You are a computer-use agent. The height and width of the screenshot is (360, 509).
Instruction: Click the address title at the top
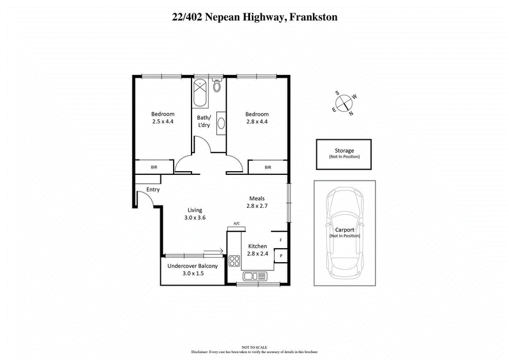[x=254, y=17]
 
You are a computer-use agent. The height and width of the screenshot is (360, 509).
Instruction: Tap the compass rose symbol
[x=344, y=102]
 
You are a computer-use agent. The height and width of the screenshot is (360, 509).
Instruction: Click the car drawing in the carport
[x=344, y=233]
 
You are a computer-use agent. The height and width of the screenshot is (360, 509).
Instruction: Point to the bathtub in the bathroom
[x=201, y=93]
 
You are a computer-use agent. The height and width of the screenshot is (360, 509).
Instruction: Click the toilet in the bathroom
[x=217, y=86]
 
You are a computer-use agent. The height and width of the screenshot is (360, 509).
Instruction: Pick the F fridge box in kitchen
[x=281, y=240]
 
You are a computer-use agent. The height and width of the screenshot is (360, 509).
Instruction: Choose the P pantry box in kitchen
[x=281, y=256]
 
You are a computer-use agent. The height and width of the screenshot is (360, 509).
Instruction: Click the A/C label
[x=236, y=223]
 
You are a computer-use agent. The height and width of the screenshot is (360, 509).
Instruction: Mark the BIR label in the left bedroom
[x=154, y=167]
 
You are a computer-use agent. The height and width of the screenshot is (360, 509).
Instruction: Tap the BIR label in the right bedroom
[x=268, y=167]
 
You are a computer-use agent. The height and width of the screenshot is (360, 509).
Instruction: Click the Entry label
[x=153, y=190]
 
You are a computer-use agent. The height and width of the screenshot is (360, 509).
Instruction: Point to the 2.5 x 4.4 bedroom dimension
[x=163, y=121]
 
